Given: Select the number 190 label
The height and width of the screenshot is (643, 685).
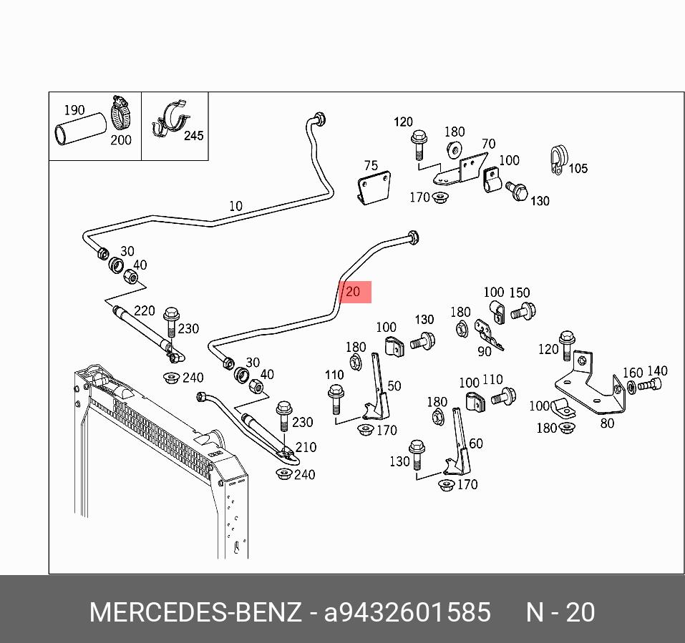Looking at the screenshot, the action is tap(74, 110).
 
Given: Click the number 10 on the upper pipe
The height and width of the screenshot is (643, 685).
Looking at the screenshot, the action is tap(235, 206).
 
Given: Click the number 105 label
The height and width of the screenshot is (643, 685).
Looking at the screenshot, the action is tap(577, 169).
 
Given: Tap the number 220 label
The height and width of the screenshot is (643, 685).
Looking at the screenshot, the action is tap(145, 310).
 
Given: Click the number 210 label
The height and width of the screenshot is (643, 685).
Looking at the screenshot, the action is tap(306, 447).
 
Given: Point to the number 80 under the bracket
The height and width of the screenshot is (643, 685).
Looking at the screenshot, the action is tap(607, 423).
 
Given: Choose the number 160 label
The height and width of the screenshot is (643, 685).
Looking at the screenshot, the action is tap(633, 373).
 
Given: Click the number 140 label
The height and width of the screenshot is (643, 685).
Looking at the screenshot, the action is tap(657, 370).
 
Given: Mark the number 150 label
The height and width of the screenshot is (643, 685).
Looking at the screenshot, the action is tap(520, 293).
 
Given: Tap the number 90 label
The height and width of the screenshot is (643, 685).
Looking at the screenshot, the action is tap(485, 351).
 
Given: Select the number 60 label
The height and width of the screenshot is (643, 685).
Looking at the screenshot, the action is tap(476, 443).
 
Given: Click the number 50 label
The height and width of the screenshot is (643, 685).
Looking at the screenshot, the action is tap(394, 386).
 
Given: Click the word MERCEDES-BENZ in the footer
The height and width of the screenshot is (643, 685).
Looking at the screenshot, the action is tap(195, 613).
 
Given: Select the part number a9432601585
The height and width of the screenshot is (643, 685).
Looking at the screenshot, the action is tap(407, 613).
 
